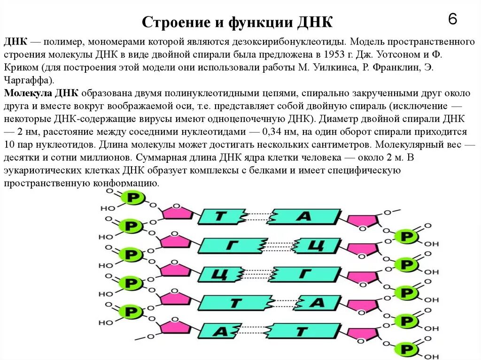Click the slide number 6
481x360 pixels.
pos(452,19)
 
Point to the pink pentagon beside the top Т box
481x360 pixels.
pos(177,214)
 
